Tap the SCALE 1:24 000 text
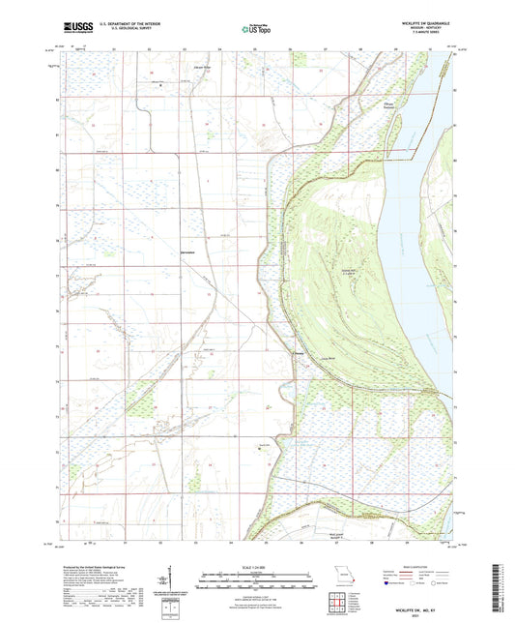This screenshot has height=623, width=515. pos(256,567)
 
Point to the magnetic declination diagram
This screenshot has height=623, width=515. pos(174,585)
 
